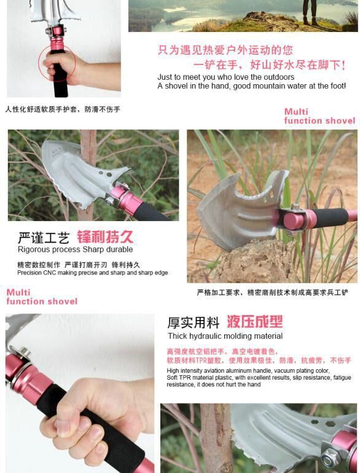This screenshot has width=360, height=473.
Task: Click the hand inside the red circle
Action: pos(60,67)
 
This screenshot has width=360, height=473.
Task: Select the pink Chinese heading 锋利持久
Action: pos(105,237)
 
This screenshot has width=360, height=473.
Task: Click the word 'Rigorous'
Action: pos(32,250)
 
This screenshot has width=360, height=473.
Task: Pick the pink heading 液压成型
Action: pos(254,321)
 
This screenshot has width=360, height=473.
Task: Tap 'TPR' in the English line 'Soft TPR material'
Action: pos(183,378)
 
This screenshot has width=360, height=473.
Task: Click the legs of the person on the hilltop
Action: pos(310,12)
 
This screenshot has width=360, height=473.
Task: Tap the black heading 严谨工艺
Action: pos(44,238)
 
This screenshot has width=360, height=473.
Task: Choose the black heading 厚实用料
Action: pos(193,322)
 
